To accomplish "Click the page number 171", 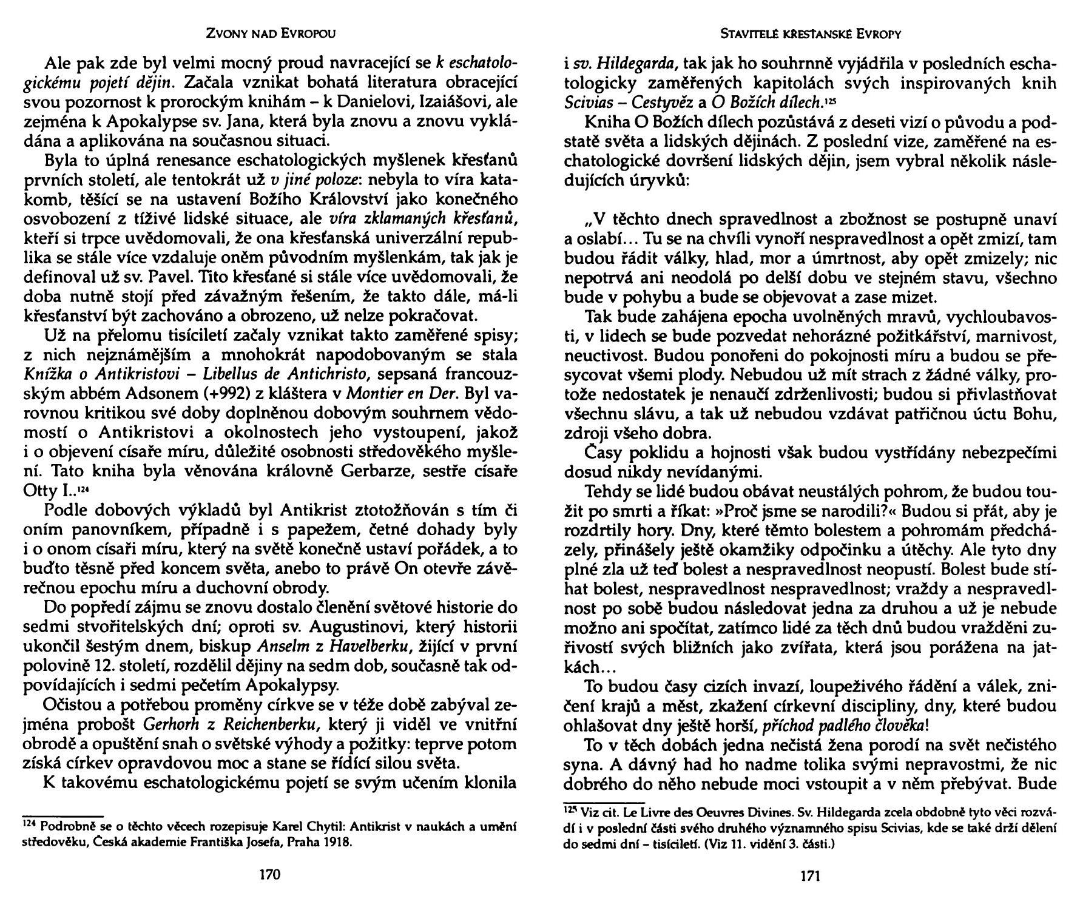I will point(811,875).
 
